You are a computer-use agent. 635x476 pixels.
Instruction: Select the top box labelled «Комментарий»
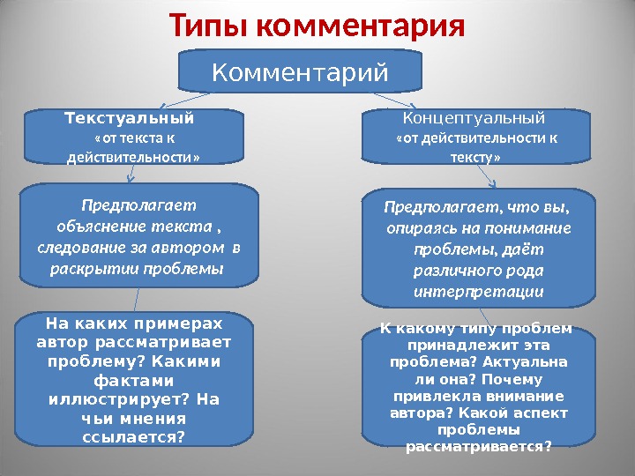click(x=301, y=71)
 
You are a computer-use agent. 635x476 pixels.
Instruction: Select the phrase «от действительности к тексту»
click(x=477, y=147)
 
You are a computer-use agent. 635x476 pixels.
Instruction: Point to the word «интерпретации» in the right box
click(x=478, y=291)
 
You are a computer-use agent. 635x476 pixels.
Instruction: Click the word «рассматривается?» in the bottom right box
click(x=478, y=446)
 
